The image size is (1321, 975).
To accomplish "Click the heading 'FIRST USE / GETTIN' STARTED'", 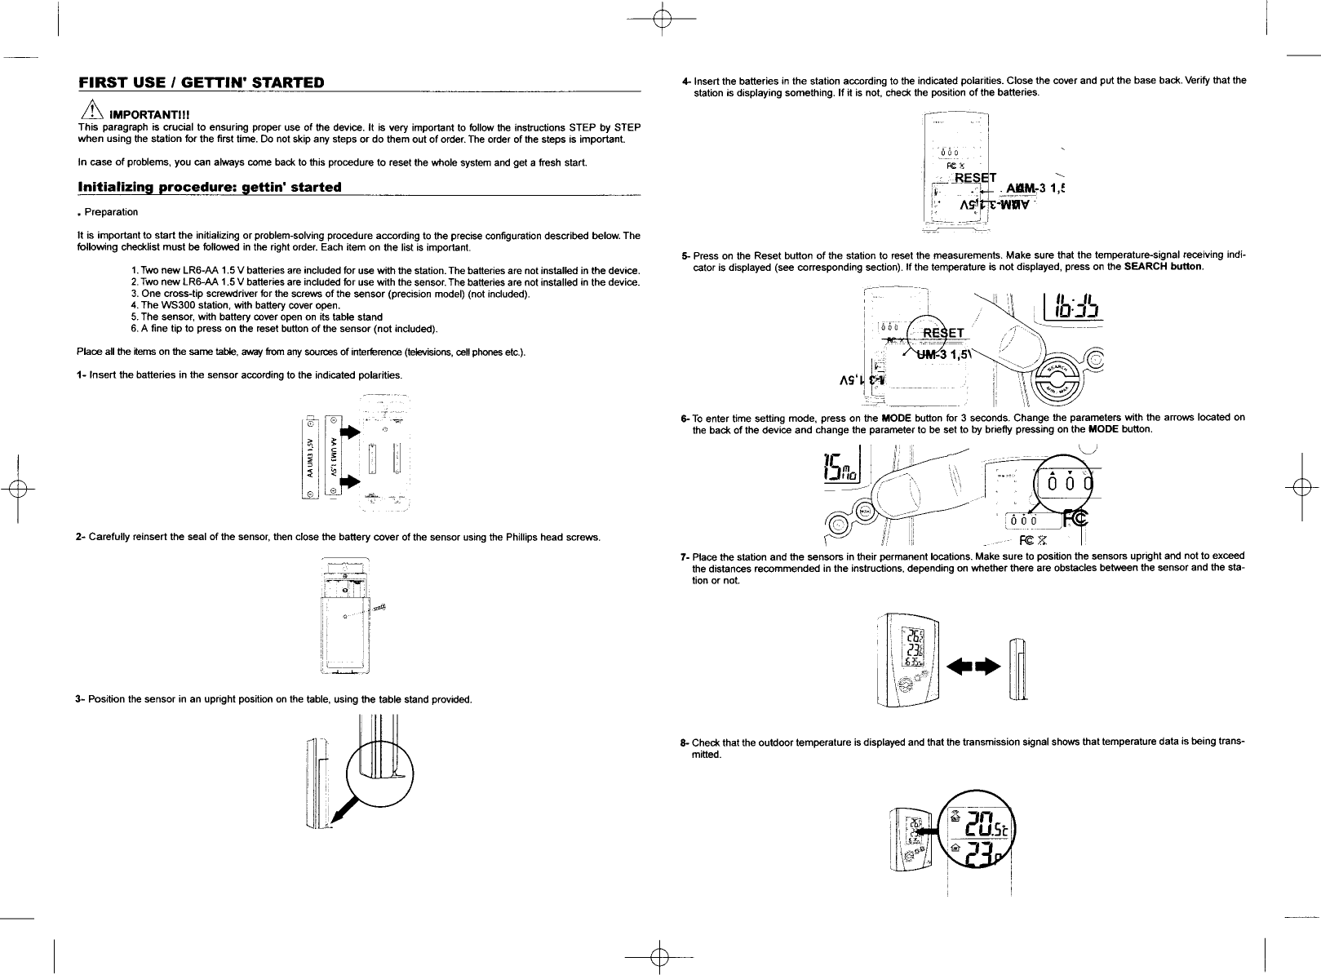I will click(201, 82).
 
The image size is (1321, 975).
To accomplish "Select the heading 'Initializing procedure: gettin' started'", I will click(209, 187).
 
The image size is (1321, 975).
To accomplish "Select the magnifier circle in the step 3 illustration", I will click(380, 772).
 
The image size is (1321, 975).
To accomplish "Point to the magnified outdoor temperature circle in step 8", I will click(975, 835).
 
